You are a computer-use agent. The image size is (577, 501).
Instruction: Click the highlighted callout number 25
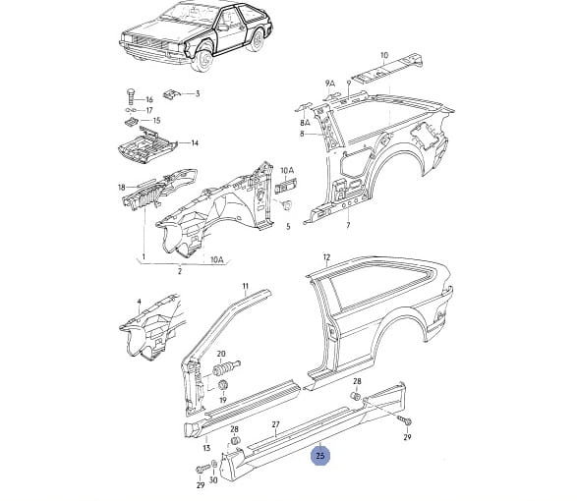pos(320,456)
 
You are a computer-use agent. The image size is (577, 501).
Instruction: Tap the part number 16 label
pos(149,99)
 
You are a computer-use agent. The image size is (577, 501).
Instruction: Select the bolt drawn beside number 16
pos(131,97)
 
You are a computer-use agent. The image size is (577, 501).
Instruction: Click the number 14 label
pos(195,142)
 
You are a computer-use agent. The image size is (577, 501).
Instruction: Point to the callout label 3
pos(198,93)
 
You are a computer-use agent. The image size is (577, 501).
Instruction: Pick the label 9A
pos(330,83)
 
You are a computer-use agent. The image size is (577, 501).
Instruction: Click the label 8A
pos(305,123)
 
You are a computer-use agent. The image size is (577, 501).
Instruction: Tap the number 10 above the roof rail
pos(383,56)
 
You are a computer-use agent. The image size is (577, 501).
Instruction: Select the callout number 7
pos(348,225)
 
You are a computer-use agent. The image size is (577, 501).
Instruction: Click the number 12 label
pos(326,257)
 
